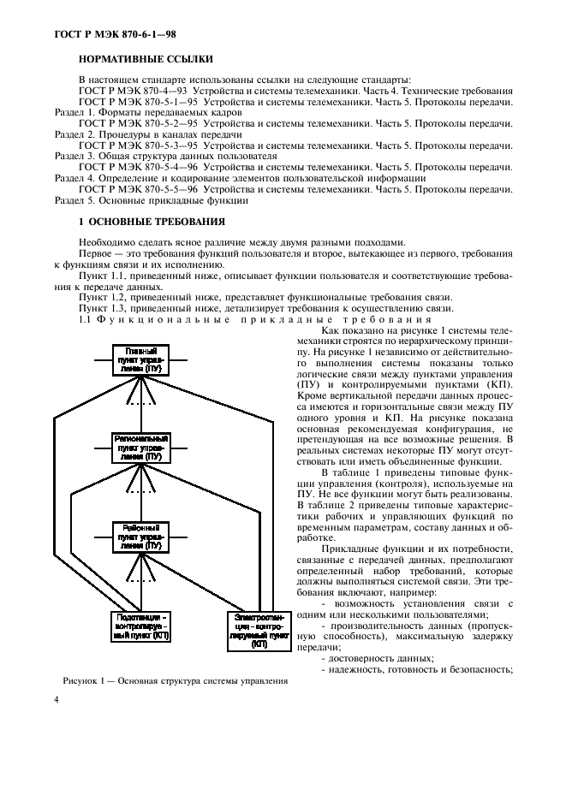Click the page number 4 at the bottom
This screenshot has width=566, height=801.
click(x=57, y=699)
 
